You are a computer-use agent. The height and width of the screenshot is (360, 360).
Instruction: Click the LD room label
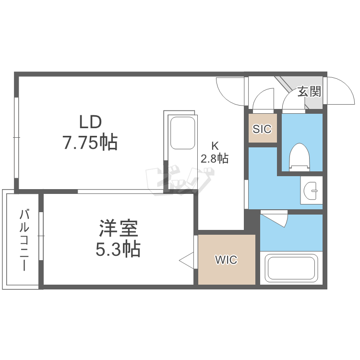[x=90, y=122]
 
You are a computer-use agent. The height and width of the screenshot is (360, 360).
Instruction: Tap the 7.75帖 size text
[x=90, y=143]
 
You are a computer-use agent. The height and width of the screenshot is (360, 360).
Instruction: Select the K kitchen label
[x=215, y=145]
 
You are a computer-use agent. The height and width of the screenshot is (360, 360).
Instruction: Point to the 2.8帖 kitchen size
[x=215, y=158]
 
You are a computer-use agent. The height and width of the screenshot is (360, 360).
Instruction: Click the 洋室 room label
[x=119, y=229]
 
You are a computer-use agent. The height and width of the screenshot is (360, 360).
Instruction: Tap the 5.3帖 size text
[x=119, y=249]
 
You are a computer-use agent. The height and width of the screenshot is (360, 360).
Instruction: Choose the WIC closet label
[x=226, y=260]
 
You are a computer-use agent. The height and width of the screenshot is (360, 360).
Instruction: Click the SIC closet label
[x=262, y=129]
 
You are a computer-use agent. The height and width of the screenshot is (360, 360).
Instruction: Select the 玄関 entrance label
[x=309, y=91]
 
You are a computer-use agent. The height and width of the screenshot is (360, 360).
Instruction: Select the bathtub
[x=292, y=269]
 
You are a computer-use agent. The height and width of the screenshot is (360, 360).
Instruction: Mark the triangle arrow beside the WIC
[x=186, y=261]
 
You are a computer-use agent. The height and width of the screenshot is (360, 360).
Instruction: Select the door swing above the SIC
[x=263, y=101]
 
